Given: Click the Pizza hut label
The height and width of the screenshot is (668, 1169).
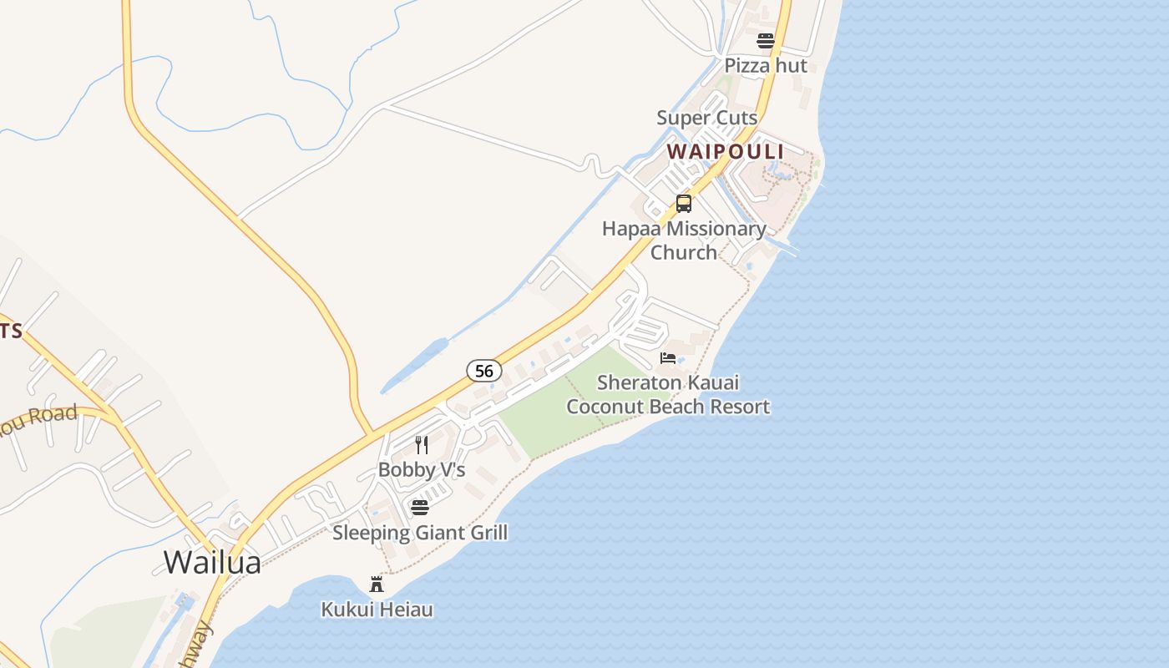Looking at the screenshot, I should coord(766,65).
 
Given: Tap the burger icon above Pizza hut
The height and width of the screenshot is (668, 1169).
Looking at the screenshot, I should coord(766,40).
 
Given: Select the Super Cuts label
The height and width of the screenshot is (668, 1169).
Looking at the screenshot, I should coord(706,118).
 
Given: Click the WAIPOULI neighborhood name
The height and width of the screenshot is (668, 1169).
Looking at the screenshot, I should coord(726,152).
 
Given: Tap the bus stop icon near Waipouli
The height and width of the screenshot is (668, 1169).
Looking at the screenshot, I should coord(684,203).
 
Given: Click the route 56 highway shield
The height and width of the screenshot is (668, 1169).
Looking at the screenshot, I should coord(484,370).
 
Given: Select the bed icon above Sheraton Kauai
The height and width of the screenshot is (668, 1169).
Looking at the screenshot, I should coord(668,358).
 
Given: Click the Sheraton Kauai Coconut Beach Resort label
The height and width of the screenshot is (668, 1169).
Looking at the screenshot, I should coord(668,395).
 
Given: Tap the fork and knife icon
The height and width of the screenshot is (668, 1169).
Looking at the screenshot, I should coord(422,444).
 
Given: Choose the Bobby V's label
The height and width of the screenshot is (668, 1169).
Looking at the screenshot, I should coord(422,469).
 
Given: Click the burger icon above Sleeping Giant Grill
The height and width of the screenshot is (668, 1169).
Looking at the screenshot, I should coord(420,508).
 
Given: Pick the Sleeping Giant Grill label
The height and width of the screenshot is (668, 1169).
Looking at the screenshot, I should coord(420,532).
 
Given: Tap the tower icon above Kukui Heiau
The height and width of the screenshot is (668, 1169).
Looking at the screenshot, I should coord(377,584).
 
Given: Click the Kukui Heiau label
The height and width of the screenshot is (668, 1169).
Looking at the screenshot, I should coord(377,610).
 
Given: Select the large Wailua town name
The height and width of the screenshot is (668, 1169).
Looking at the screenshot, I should coord(212,562).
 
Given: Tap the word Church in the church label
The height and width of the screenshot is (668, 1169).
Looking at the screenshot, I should coord(684,252).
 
